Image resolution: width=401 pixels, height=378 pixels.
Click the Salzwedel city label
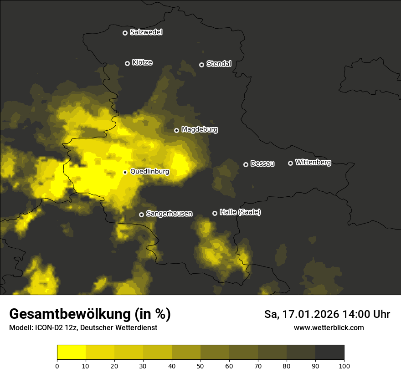(x=146, y=32)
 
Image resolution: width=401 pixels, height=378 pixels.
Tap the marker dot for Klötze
(x=127, y=63)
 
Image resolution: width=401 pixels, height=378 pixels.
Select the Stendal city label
(x=219, y=64)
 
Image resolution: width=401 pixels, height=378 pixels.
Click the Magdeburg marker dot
(x=176, y=130)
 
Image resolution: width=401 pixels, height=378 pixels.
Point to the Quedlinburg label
(x=149, y=172)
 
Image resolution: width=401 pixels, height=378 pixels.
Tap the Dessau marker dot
(x=246, y=164)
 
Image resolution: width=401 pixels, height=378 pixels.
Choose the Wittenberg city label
(x=313, y=162)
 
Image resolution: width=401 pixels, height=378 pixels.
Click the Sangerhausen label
(x=169, y=214)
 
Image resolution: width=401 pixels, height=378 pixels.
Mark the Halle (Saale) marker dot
(x=215, y=213)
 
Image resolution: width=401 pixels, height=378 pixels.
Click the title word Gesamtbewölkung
(x=69, y=314)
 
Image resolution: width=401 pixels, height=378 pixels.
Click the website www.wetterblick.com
(x=329, y=328)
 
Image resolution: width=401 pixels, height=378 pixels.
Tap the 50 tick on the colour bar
(x=200, y=366)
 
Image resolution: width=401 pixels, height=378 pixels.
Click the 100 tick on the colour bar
(x=344, y=366)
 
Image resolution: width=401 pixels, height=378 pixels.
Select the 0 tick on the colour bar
(x=57, y=366)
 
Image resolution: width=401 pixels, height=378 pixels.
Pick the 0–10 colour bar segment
(x=71, y=352)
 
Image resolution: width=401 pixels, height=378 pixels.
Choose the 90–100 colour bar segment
(x=329, y=352)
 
